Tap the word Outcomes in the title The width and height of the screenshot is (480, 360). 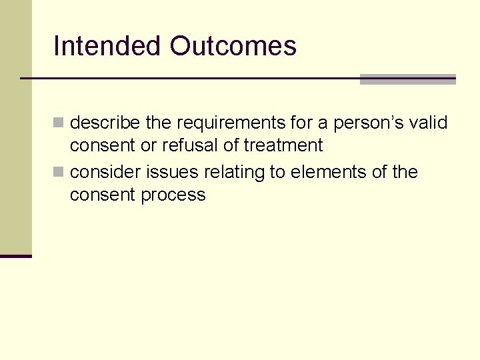pos(233,46)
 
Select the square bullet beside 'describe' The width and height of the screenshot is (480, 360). pos(59,123)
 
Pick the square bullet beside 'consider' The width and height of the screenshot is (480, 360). pos(59,173)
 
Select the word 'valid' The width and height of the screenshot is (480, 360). pos(429,123)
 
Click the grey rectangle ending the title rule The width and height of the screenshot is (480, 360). pos(407,79)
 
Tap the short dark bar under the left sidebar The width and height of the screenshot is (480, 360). pos(16,256)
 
